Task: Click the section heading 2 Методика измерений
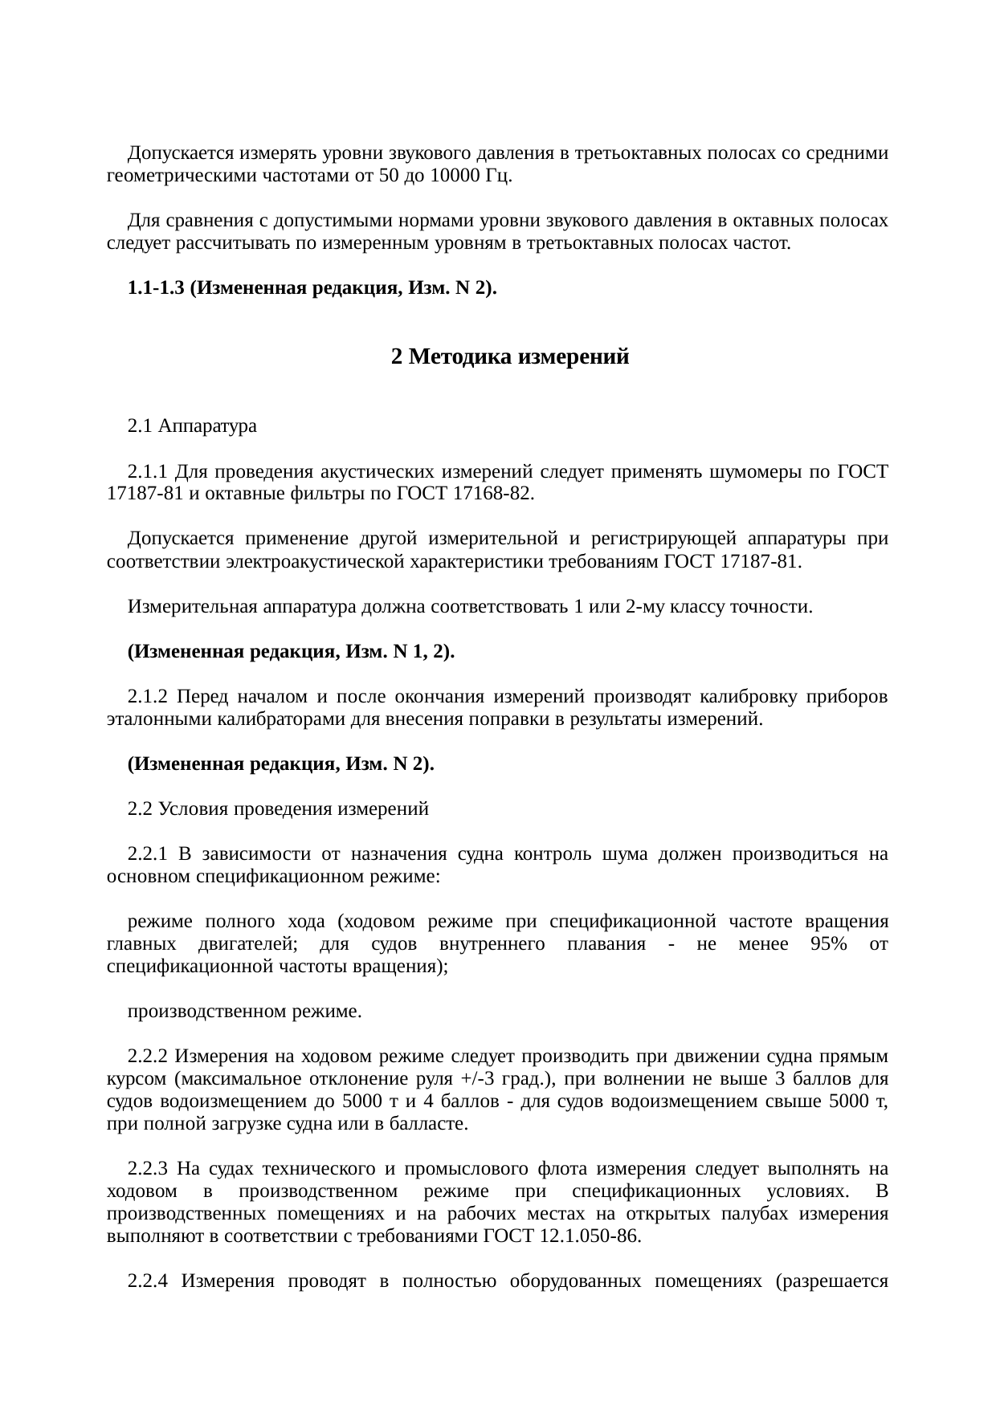[509, 357]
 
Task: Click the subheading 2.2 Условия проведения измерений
[278, 809]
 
